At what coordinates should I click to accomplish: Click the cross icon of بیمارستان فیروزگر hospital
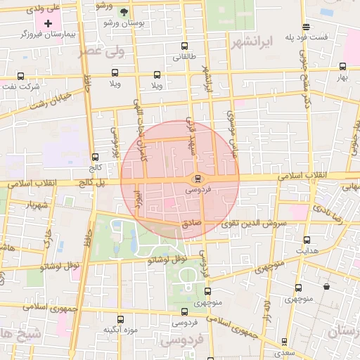click(x=48, y=24)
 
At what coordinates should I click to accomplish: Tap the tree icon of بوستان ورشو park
click(x=124, y=12)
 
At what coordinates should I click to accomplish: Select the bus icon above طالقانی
click(x=184, y=46)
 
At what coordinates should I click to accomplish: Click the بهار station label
click(x=342, y=77)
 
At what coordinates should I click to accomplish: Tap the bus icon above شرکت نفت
click(x=20, y=76)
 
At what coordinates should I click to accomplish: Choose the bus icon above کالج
click(x=96, y=157)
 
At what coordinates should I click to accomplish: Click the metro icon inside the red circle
click(x=197, y=178)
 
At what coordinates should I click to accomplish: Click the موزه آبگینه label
click(x=120, y=330)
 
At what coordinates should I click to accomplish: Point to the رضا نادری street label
click(x=328, y=209)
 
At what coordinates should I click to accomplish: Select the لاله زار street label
click(x=266, y=311)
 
